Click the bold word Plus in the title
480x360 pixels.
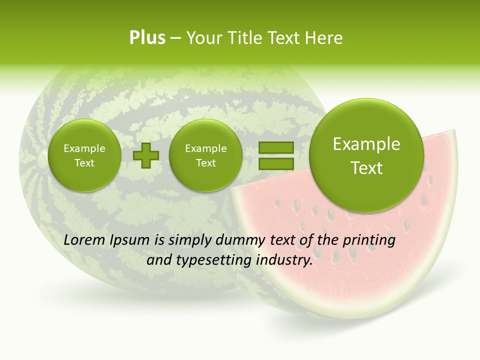coord(147,38)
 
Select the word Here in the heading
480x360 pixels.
coord(325,38)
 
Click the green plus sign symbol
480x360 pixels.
coord(145,155)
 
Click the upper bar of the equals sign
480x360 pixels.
coord(275,147)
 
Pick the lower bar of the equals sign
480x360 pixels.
coord(275,163)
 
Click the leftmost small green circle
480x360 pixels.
coord(84,155)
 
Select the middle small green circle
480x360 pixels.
coord(205,155)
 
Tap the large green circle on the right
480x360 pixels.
coord(366,155)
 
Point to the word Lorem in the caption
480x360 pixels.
coord(84,240)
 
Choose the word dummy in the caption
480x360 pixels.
coord(239,240)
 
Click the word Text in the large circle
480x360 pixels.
coord(366,168)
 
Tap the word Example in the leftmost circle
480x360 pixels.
coord(84,148)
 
